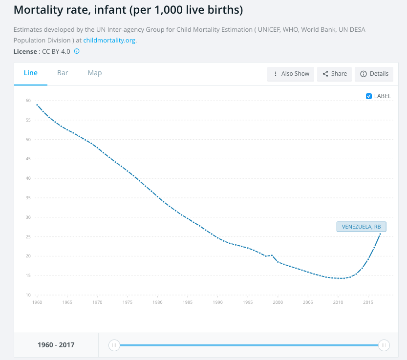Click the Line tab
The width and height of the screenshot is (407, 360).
(31, 73)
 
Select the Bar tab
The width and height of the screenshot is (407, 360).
(63, 73)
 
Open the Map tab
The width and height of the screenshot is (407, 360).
(95, 73)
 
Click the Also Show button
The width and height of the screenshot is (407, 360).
(291, 74)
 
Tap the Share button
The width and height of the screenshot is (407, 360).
(335, 74)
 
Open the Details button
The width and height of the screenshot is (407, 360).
(374, 74)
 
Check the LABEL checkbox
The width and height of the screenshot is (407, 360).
(369, 96)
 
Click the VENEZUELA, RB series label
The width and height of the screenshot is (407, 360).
(361, 227)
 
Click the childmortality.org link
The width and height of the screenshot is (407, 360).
(109, 40)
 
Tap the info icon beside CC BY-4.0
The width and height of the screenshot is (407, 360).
(77, 51)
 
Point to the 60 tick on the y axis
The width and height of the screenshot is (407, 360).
(28, 101)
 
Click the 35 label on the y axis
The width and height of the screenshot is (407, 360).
(28, 198)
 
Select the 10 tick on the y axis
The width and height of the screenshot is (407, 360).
(28, 295)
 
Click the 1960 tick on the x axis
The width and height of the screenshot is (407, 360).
(37, 303)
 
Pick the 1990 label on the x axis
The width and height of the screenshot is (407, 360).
(218, 303)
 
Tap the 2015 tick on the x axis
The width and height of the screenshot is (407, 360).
(368, 303)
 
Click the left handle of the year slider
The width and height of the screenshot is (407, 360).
(114, 345)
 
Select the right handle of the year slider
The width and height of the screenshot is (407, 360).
(384, 345)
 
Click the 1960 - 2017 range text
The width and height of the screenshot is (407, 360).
(56, 345)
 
